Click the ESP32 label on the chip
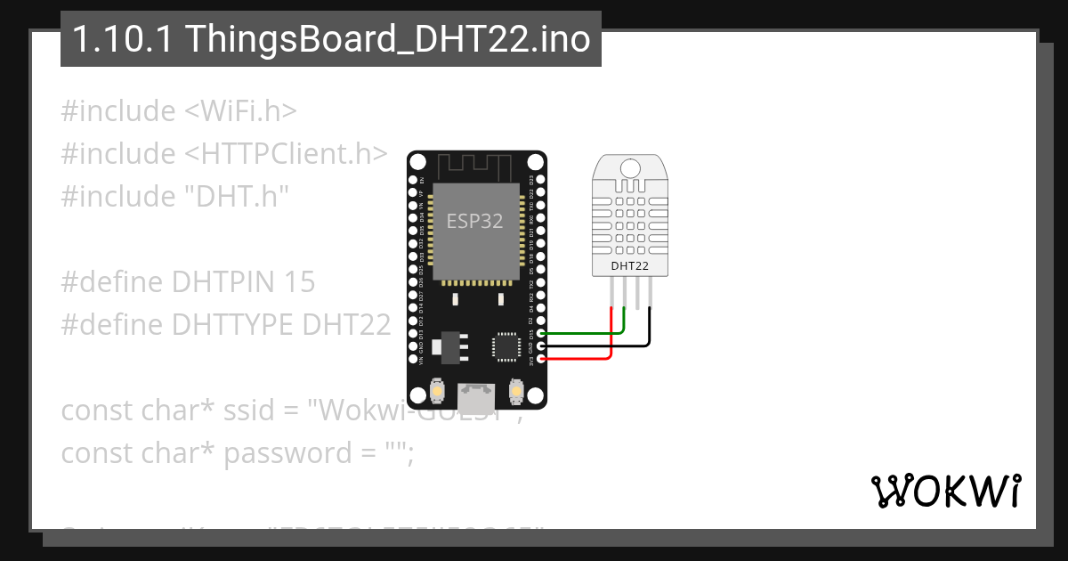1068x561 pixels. (x=474, y=222)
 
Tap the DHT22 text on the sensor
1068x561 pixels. (x=629, y=265)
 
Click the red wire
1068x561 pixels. (x=578, y=358)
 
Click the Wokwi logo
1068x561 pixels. (x=944, y=491)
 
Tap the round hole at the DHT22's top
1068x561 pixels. (x=630, y=167)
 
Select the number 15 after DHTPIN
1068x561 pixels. (x=300, y=282)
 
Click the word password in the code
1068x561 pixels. (x=287, y=453)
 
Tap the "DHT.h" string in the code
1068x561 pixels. (x=237, y=196)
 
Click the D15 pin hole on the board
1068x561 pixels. (x=540, y=333)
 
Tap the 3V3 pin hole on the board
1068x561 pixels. (x=540, y=358)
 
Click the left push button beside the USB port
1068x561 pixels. (x=438, y=390)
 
